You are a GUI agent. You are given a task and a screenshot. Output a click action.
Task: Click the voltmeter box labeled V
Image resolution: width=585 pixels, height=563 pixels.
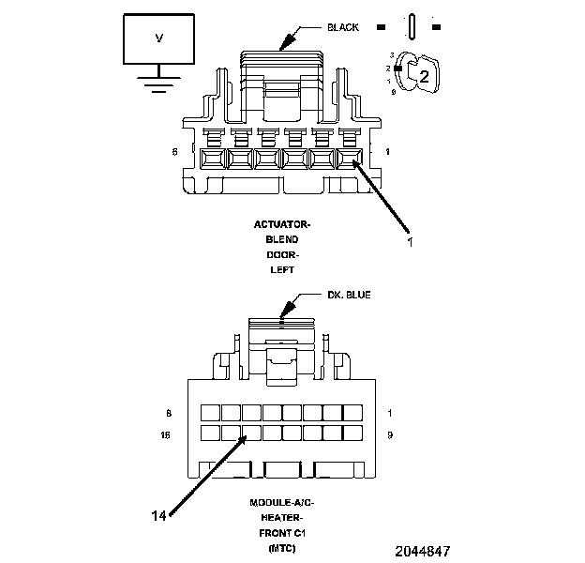pyautogui.click(x=158, y=38)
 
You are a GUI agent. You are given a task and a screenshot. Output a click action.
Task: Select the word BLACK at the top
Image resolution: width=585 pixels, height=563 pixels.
pyautogui.click(x=343, y=27)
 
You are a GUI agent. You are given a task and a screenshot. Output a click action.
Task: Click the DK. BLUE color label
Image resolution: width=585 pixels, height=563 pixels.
pyautogui.click(x=349, y=295)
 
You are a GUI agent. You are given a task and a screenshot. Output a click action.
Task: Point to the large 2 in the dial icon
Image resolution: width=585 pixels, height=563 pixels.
pyautogui.click(x=423, y=78)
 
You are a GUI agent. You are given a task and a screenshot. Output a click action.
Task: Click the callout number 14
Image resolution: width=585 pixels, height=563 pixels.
pyautogui.click(x=161, y=514)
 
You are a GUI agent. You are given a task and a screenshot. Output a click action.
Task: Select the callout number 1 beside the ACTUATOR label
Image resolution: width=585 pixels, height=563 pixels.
pyautogui.click(x=410, y=241)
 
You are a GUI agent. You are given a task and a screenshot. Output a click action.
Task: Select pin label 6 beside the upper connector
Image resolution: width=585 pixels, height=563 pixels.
pyautogui.click(x=174, y=152)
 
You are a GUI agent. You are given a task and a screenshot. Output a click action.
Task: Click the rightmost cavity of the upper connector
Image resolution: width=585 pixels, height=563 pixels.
pyautogui.click(x=350, y=160)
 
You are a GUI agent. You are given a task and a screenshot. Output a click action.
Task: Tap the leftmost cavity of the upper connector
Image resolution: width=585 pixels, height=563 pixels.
pyautogui.click(x=211, y=160)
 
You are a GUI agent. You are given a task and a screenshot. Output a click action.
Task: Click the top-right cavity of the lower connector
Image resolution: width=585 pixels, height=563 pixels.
pyautogui.click(x=353, y=413)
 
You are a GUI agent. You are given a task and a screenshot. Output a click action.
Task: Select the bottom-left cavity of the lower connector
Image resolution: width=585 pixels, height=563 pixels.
pyautogui.click(x=210, y=434)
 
